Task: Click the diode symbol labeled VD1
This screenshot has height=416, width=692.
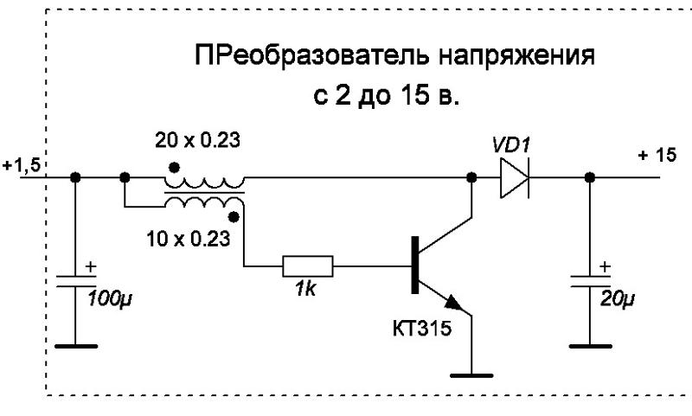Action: coord(514,178)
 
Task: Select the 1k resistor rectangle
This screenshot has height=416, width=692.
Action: coord(308,266)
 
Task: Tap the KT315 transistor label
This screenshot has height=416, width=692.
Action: coord(422,329)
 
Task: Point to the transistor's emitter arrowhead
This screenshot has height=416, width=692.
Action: coord(453,302)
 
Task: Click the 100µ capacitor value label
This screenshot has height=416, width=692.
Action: coord(110,299)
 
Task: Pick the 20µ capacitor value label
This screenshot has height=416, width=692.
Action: coord(618,299)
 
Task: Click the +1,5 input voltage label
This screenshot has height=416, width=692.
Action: coord(22,166)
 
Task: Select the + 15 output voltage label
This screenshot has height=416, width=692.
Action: coord(657,156)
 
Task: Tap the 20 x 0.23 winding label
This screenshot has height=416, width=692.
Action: coord(197,141)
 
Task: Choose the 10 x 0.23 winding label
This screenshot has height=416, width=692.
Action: coord(189,239)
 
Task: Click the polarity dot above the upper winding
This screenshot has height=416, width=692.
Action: coord(175,167)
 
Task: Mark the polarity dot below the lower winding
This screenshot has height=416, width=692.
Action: coord(234,216)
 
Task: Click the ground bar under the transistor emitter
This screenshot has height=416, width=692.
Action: coord(471,376)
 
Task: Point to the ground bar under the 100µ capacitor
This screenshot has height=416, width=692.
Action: coord(76,346)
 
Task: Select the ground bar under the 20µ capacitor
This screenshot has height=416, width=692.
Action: coord(591,346)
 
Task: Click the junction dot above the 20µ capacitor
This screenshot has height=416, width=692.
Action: coord(590,178)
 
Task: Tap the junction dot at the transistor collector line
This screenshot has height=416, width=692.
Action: coord(471,178)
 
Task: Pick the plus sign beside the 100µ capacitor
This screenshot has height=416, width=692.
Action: coord(91,267)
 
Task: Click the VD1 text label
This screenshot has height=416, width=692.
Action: coord(511,145)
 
